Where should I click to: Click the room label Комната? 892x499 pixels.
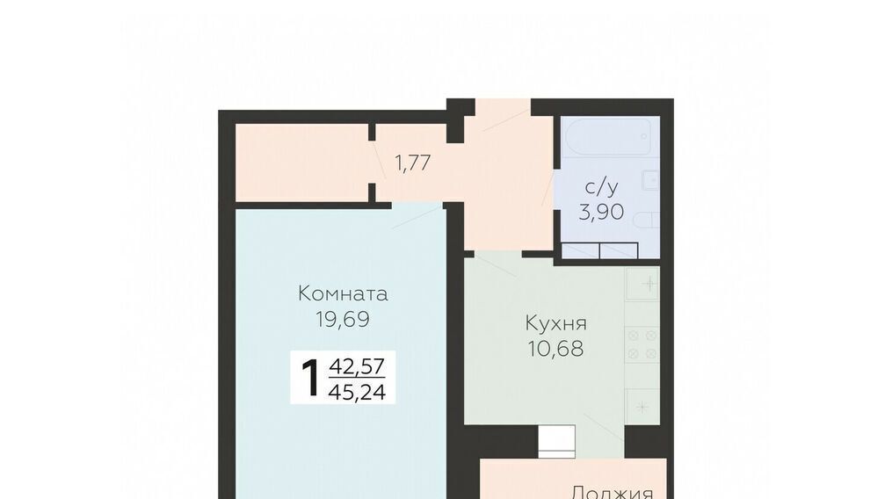pos(343,293)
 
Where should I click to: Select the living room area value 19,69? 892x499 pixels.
pos(343,319)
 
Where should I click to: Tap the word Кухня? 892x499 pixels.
pos(555,323)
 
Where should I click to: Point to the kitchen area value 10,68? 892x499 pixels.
pos(555,348)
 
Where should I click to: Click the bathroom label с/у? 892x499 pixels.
pos(601,186)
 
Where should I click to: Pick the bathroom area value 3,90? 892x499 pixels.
pos(601,212)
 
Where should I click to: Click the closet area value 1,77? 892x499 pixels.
pos(412,163)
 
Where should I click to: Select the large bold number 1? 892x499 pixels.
pos(310,378)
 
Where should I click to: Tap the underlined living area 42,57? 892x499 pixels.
pos(358,365)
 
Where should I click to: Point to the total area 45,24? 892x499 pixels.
pos(358,391)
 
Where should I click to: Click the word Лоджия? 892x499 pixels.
pos(613,492)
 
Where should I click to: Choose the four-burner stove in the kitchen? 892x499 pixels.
pos(642,344)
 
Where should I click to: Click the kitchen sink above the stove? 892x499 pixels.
pos(642,284)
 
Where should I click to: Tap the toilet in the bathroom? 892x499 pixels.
pos(646,221)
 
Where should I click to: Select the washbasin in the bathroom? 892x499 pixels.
pos(651,180)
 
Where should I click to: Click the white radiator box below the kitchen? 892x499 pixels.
pos(557,441)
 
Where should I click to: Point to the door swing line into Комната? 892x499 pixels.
pos(417,217)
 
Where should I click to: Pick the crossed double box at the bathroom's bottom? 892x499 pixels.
pos(599,249)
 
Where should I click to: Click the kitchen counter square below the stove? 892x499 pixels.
pos(642,406)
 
